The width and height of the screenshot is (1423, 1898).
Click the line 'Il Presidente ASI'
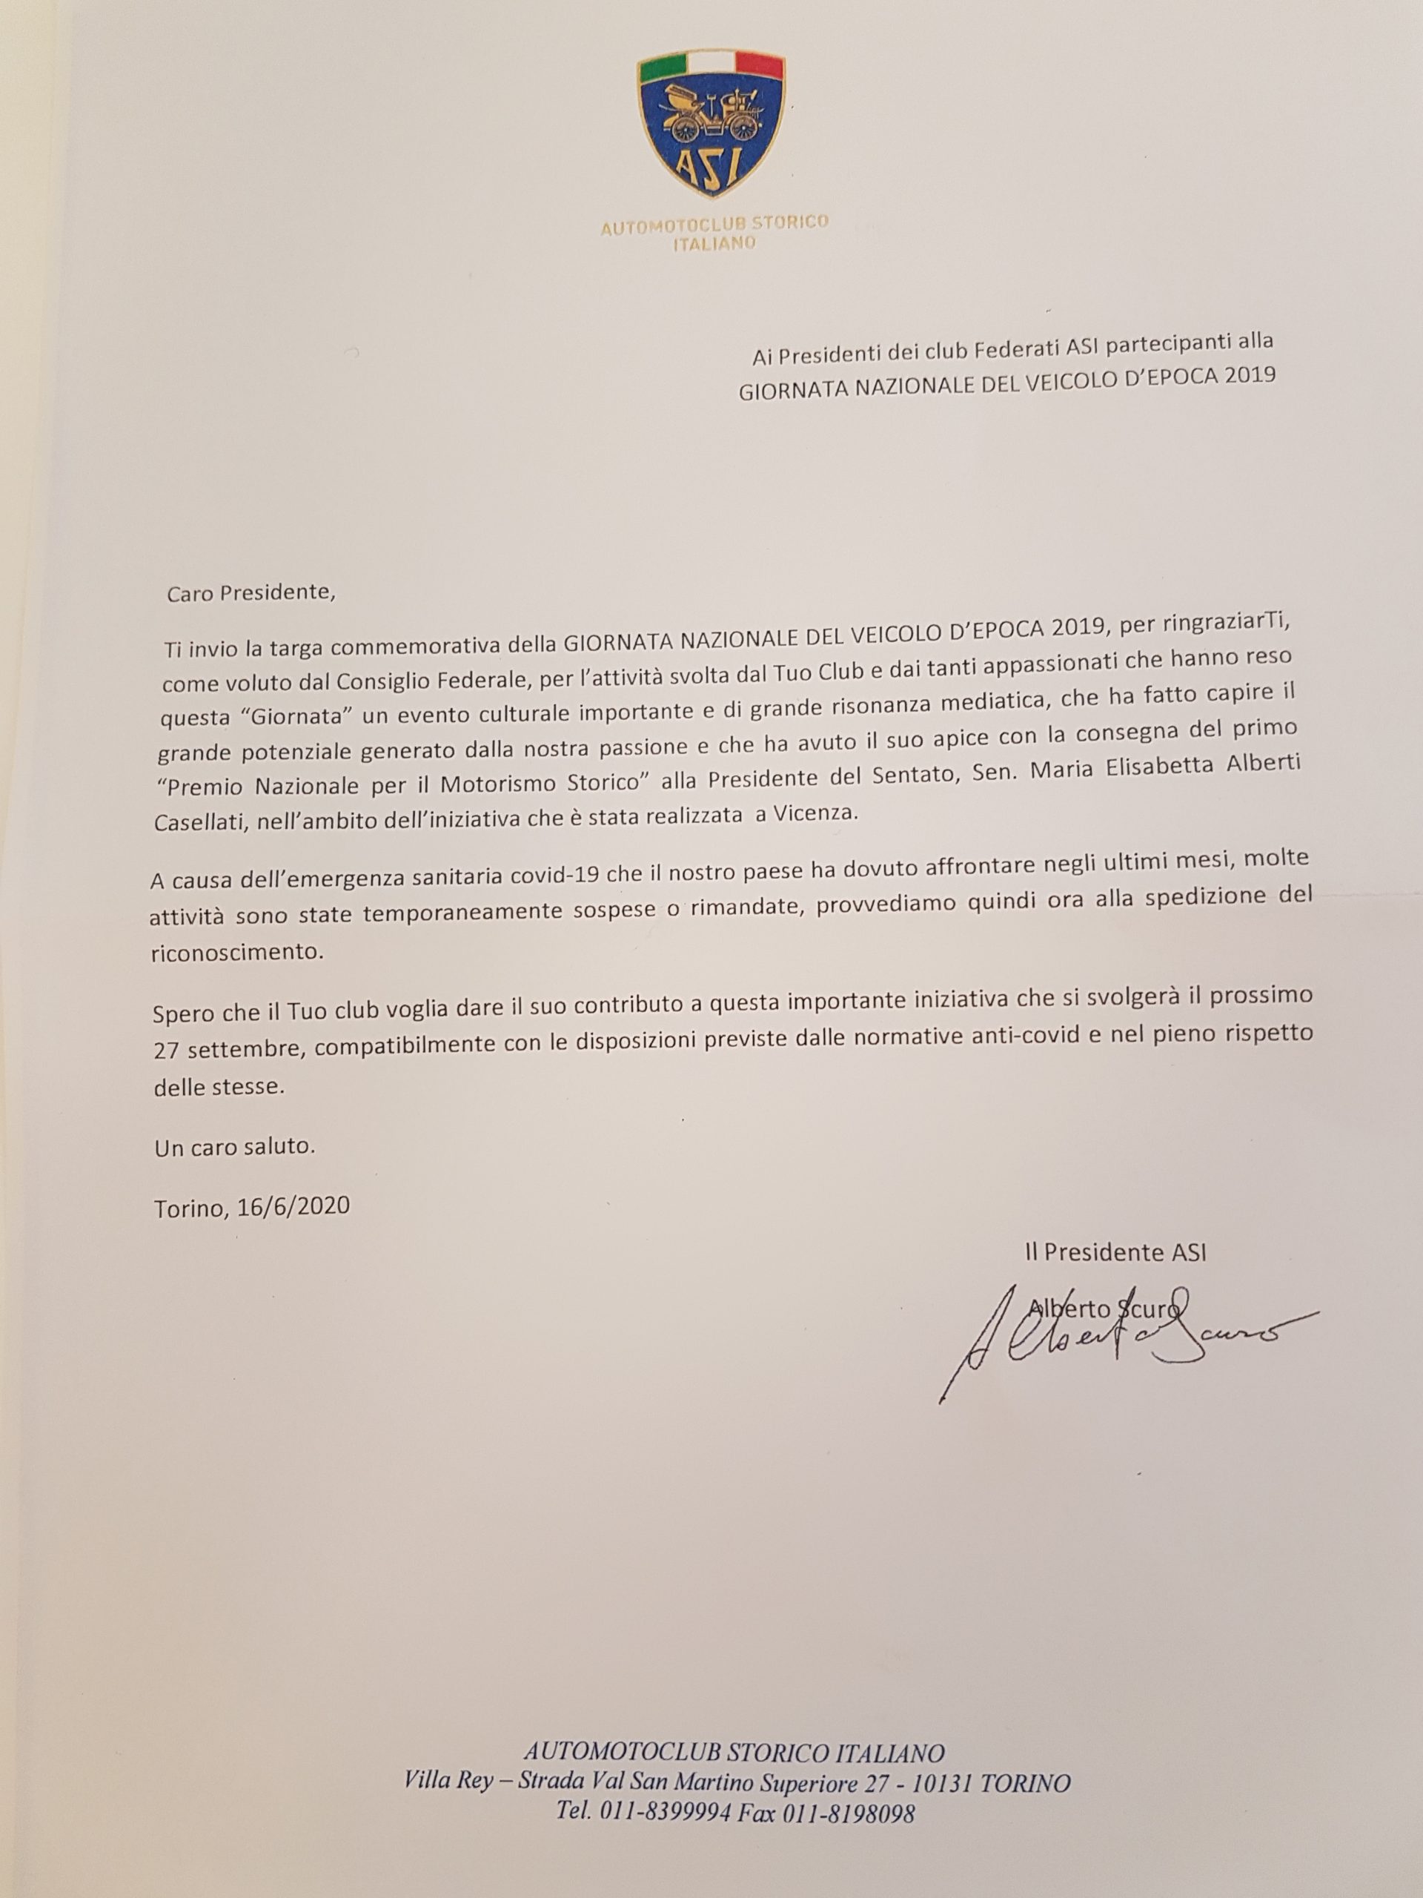pyautogui.click(x=1115, y=1252)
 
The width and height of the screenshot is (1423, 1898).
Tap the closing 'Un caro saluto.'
pyautogui.click(x=235, y=1146)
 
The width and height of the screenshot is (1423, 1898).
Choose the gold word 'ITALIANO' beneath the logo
pyautogui.click(x=713, y=243)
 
